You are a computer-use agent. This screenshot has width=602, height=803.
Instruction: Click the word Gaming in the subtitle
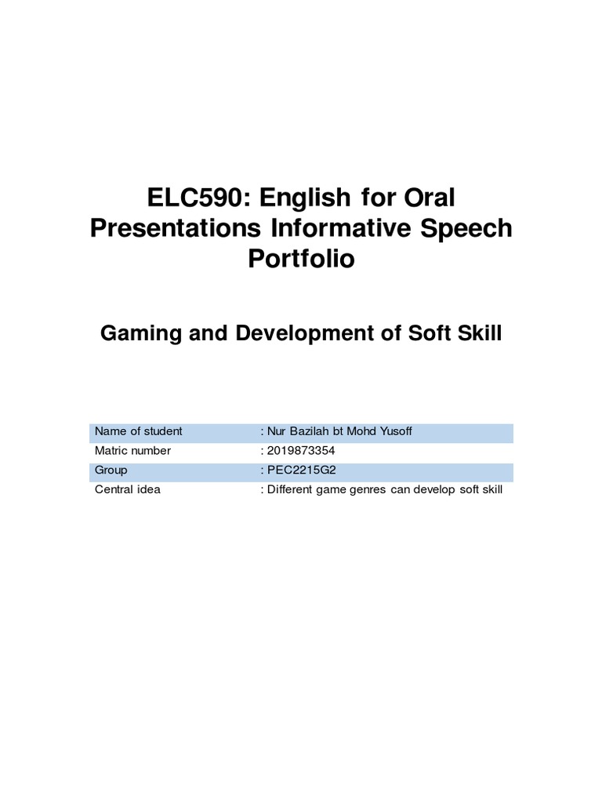[x=136, y=333]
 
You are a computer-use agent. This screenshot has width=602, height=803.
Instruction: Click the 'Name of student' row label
[x=138, y=431]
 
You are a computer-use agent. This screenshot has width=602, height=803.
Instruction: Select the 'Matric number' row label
[x=132, y=451]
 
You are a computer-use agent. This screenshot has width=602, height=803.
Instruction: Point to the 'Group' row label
[x=111, y=471]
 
